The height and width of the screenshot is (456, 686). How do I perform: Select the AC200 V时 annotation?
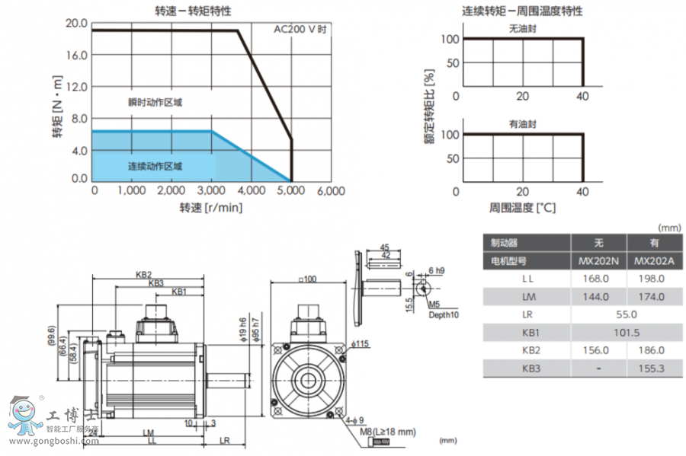pyautogui.click(x=300, y=30)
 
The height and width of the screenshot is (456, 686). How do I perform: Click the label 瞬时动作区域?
pyautogui.click(x=155, y=102)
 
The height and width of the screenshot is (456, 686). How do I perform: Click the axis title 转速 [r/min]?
pyautogui.click(x=210, y=208)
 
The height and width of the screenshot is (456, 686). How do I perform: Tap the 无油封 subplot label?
pyautogui.click(x=524, y=28)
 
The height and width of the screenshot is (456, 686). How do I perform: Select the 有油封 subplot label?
pyautogui.click(x=524, y=123)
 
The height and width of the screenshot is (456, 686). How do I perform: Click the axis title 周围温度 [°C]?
pyautogui.click(x=523, y=208)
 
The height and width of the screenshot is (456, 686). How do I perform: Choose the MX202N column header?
pyautogui.click(x=598, y=261)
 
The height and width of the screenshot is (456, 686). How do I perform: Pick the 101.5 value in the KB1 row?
pyautogui.click(x=624, y=332)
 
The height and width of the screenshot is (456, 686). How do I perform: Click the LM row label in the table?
pyautogui.click(x=527, y=297)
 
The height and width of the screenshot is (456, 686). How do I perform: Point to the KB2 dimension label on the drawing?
pyautogui.click(x=144, y=274)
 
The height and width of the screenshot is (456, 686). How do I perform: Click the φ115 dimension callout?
pyautogui.click(x=360, y=344)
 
